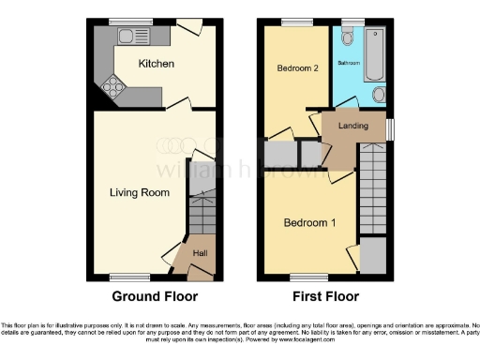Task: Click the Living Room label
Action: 139,193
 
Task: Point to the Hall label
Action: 201,253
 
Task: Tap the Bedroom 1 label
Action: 308,223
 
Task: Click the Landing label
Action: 352,126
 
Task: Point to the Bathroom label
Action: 348,63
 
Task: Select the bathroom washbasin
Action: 379,96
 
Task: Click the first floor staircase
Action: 373,187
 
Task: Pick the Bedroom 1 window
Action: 304,277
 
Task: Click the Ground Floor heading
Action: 155,297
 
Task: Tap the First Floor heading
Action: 326,297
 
